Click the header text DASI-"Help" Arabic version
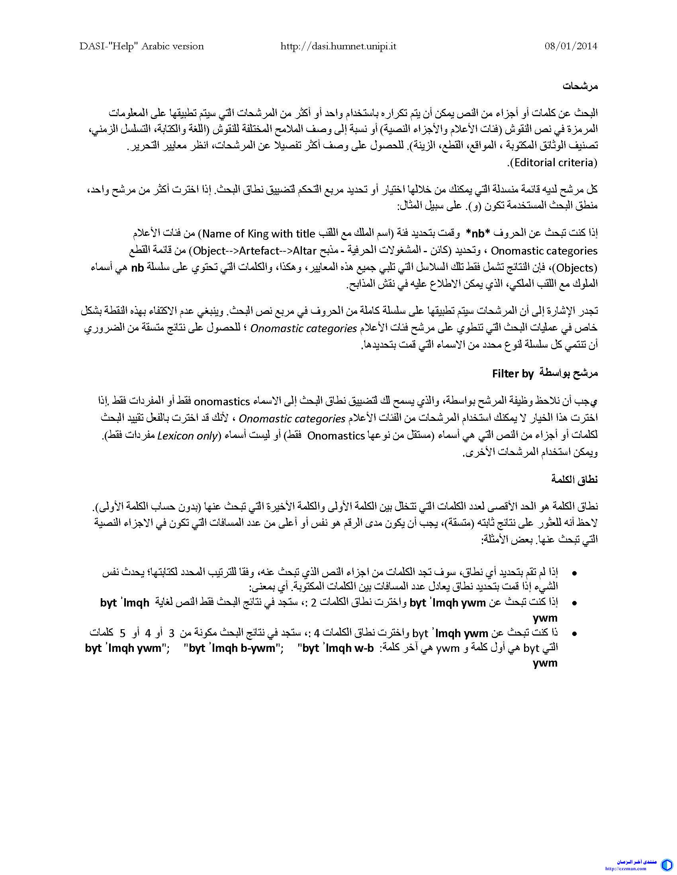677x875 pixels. [x=142, y=46]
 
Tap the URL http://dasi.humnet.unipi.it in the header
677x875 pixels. [x=338, y=46]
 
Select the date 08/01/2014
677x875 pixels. [x=571, y=46]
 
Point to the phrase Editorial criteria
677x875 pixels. [x=554, y=162]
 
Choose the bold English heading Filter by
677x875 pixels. [x=513, y=374]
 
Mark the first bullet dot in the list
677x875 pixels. [x=575, y=573]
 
